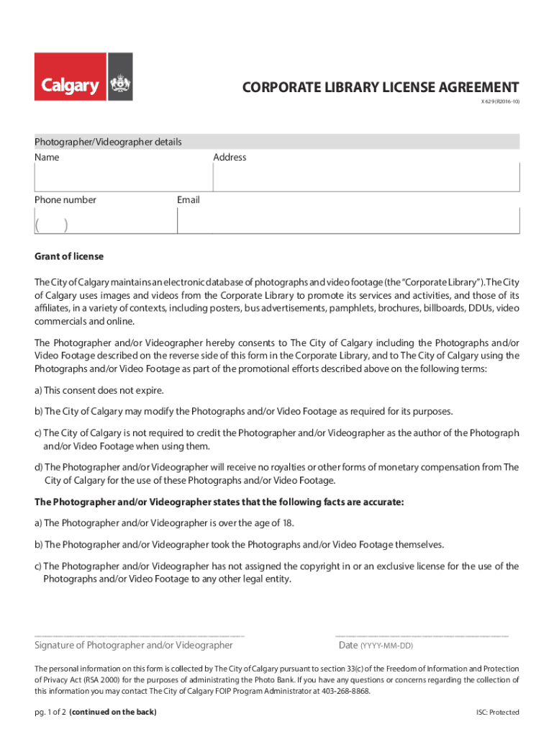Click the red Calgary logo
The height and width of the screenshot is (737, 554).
(71, 86)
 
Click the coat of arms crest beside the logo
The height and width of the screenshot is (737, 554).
(120, 86)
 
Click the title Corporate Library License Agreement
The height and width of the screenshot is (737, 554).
(381, 87)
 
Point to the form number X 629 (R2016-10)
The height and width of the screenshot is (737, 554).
(500, 102)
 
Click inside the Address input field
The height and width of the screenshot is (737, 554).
(366, 178)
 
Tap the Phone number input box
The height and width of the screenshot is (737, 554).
(105, 221)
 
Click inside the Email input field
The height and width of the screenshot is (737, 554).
(348, 221)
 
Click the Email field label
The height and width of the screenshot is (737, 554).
(189, 199)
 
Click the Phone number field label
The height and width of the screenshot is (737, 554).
(65, 199)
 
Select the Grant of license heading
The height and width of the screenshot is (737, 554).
(69, 256)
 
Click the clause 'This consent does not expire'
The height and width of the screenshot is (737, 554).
(99, 390)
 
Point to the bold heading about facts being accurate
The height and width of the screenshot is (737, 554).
(219, 502)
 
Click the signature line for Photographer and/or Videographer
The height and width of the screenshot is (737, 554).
(140, 636)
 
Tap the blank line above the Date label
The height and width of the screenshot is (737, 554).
(422, 636)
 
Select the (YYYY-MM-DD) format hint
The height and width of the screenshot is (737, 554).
(386, 646)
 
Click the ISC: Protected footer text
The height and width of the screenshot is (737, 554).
(497, 713)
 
